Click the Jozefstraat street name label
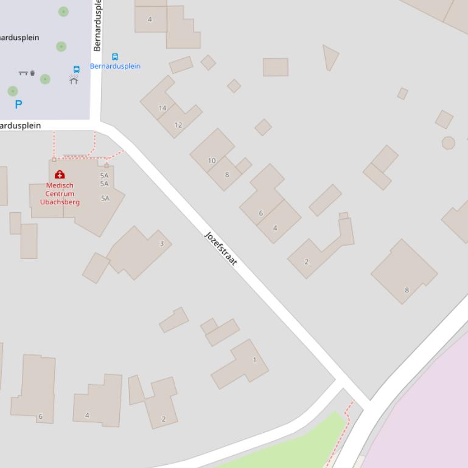[220, 249]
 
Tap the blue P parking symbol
[18, 105]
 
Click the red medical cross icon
[60, 175]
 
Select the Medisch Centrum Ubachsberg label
[60, 194]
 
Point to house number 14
[162, 108]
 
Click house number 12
[178, 125]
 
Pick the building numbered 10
[212, 161]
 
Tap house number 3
[161, 244]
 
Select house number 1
[254, 360]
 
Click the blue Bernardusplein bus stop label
[115, 66]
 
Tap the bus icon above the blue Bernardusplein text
[114, 57]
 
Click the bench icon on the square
[23, 73]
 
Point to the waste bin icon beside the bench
[32, 74]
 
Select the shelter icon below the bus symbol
[74, 80]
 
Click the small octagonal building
[448, 143]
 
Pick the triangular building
[330, 57]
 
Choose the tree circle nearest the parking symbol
[13, 91]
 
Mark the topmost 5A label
[104, 176]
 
